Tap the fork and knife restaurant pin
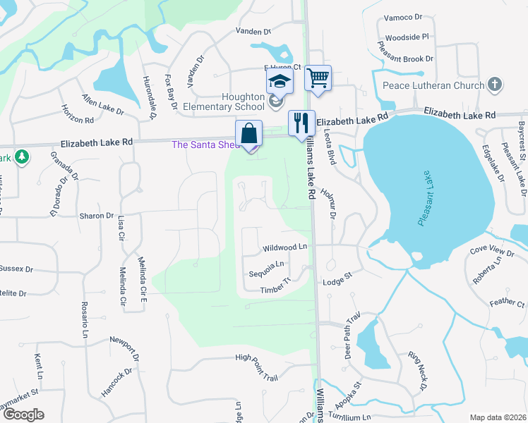(x=301, y=122)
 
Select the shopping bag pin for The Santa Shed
(x=249, y=133)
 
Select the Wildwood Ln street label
(x=285, y=247)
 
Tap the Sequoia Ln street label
(x=266, y=264)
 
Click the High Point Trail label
(x=256, y=358)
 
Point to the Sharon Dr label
(x=97, y=216)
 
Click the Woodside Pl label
(x=407, y=37)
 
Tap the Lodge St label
(x=337, y=282)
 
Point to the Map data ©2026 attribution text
(x=497, y=417)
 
